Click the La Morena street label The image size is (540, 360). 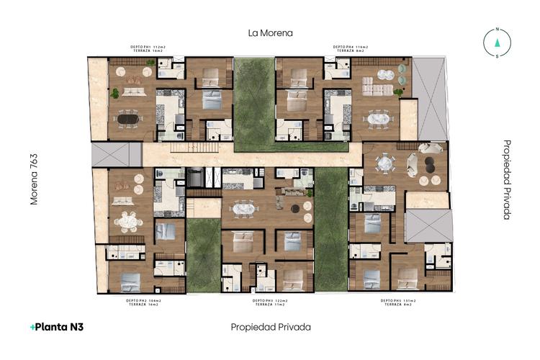[x=270, y=33]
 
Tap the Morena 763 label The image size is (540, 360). [x=33, y=179]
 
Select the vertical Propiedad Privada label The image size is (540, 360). [x=507, y=179]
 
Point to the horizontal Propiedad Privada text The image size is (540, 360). [x=271, y=327]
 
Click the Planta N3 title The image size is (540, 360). [x=57, y=327]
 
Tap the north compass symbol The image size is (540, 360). [x=497, y=42]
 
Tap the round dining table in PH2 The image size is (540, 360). [x=130, y=220]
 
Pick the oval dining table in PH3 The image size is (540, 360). [x=244, y=210]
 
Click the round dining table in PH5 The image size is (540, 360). [x=386, y=164]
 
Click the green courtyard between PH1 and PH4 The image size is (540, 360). [x=255, y=101]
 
